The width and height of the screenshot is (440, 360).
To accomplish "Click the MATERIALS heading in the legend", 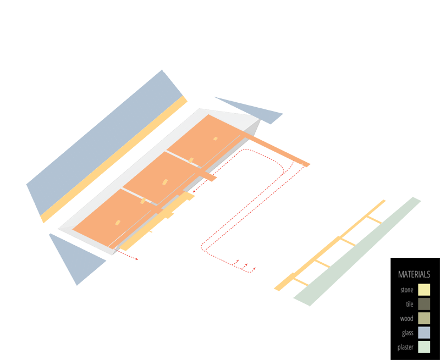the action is [x=414, y=274].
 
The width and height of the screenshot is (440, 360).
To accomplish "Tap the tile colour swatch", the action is [x=424, y=304].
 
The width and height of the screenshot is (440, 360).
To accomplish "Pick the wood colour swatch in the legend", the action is [x=424, y=318].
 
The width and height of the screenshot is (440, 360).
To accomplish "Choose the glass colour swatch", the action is [x=424, y=333].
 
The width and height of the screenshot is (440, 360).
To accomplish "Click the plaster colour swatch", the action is [x=424, y=347].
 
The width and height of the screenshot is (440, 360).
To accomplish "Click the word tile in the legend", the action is [x=409, y=304].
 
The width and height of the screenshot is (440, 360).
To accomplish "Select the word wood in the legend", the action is [x=406, y=318].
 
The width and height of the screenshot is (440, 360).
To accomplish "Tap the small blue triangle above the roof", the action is [x=253, y=110].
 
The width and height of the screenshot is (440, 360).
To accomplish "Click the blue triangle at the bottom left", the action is [x=77, y=258].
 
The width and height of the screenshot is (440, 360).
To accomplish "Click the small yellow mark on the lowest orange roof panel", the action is [x=117, y=222].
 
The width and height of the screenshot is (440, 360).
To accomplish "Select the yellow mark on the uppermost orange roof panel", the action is [x=213, y=139].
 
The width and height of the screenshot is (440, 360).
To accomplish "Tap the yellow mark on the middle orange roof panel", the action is [x=163, y=181].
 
